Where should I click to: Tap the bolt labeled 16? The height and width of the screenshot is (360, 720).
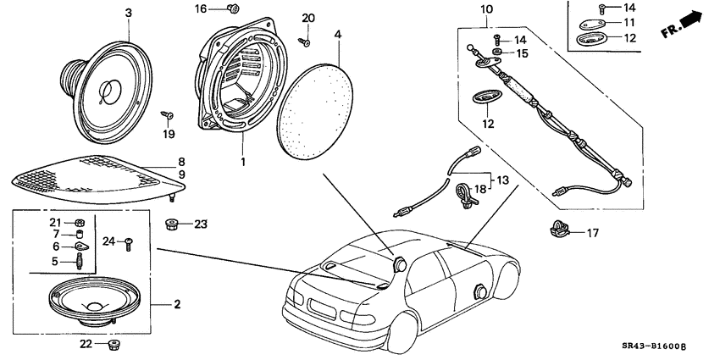(x=230, y=9)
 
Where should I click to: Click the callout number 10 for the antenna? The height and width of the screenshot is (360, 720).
(x=486, y=10)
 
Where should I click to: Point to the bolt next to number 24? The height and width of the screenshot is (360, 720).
(x=128, y=244)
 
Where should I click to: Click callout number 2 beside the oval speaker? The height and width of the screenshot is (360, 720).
(x=178, y=304)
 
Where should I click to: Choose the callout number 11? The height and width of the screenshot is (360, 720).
(x=629, y=22)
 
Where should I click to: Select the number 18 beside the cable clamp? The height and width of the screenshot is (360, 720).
(x=481, y=191)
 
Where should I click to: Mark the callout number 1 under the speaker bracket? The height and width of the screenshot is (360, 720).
(x=241, y=161)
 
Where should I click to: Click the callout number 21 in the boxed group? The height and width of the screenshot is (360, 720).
(x=55, y=222)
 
